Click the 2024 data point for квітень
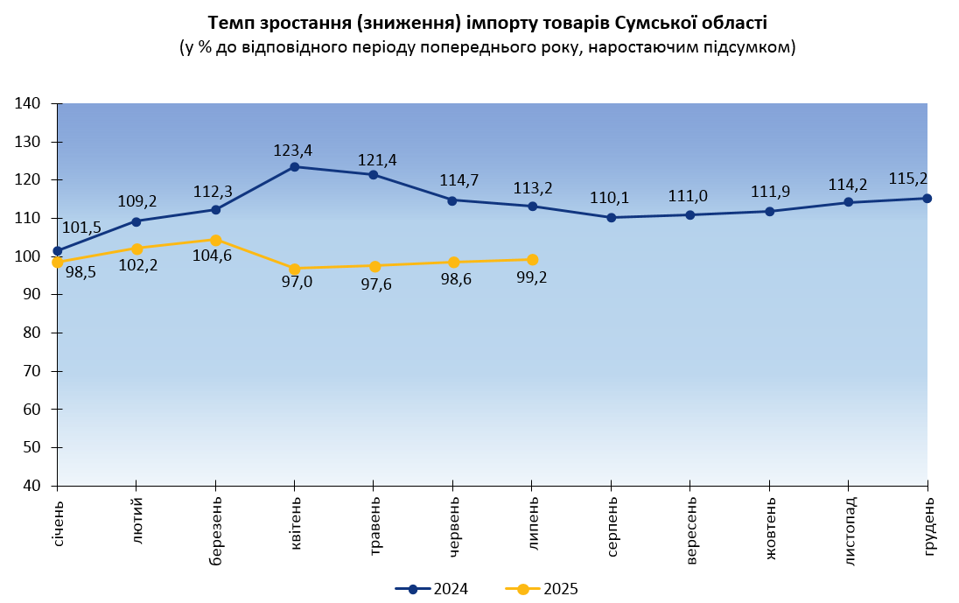(295, 166)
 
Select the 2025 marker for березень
(215, 240)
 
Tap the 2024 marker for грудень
(927, 198)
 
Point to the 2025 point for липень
(532, 260)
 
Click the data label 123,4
(292, 150)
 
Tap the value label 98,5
(80, 272)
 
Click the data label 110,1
(609, 199)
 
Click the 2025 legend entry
(542, 589)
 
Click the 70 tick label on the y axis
(31, 371)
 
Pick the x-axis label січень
(58, 522)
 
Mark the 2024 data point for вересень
(690, 214)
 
